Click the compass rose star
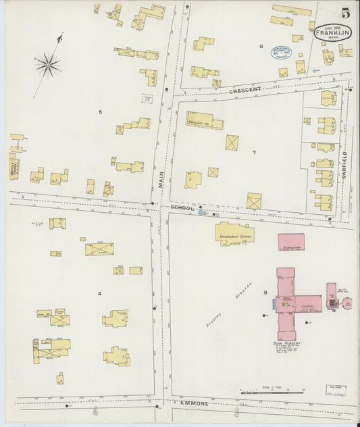click(48, 65)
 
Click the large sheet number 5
click(345, 13)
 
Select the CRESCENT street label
click(245, 90)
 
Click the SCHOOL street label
click(182, 207)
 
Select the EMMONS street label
click(195, 403)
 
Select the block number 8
click(265, 292)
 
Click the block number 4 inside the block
click(99, 293)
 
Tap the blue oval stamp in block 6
click(280, 51)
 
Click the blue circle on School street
click(200, 213)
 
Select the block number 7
click(254, 152)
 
